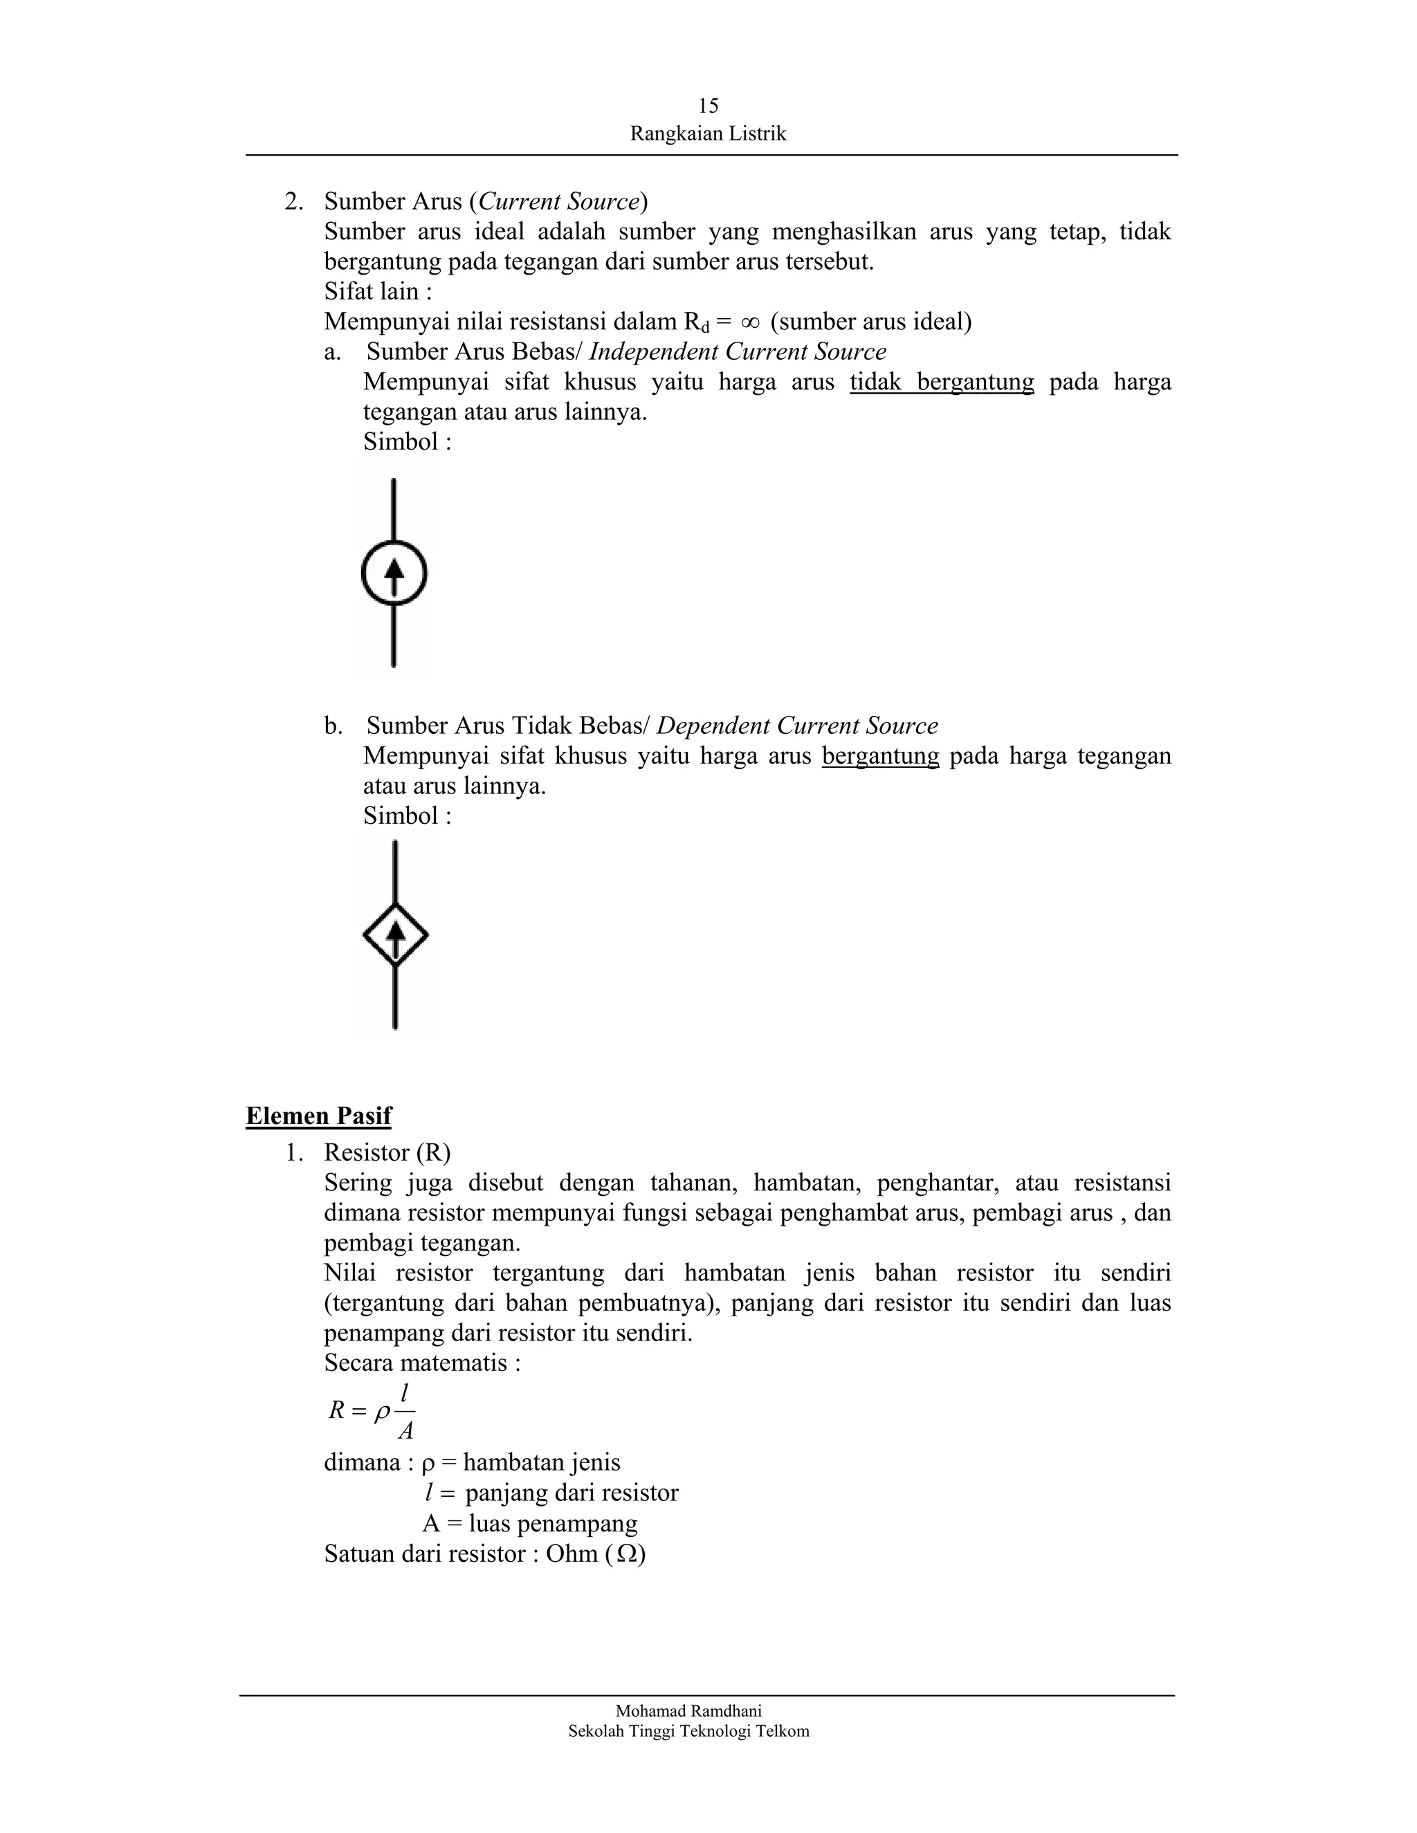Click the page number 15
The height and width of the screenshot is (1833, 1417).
coord(708,106)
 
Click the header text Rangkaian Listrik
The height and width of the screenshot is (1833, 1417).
coord(708,134)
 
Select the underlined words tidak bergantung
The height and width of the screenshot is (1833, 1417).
coord(941,382)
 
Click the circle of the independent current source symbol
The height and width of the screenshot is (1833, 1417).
coord(394,573)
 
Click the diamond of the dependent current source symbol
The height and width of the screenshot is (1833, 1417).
coord(395,934)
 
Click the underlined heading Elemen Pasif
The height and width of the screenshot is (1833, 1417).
coord(318,1116)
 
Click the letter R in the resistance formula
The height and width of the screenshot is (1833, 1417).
coord(337,1411)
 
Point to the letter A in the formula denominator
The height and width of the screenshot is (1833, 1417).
coord(405,1431)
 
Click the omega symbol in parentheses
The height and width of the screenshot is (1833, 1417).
coord(625,1554)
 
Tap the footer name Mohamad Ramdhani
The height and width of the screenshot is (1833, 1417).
coord(688,1711)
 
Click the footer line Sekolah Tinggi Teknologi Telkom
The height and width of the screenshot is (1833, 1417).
coord(688,1731)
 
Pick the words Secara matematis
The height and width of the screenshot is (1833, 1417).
coord(421,1362)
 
